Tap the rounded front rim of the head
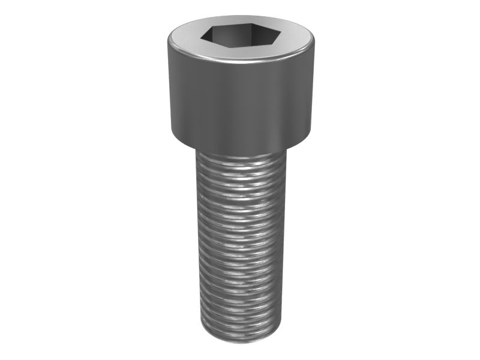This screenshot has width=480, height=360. click(240, 59)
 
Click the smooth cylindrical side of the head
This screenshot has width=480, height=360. click(240, 102)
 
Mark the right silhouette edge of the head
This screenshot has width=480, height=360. click(313, 90)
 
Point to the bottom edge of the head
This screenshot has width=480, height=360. click(240, 150)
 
